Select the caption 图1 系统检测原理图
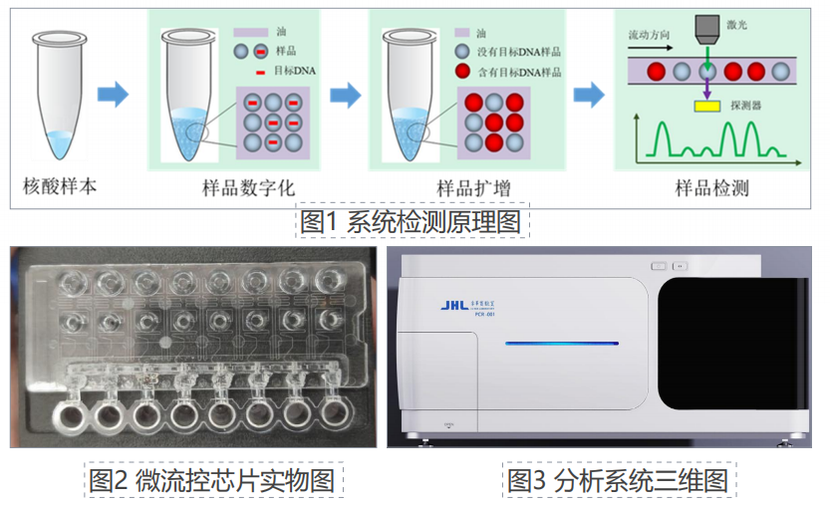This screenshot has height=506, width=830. click(x=414, y=221)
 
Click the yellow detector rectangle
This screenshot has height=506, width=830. click(x=708, y=105)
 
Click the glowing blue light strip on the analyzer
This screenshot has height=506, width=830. click(x=561, y=344)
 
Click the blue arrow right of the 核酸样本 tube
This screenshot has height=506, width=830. click(x=114, y=96)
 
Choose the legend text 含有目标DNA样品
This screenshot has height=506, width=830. click(x=518, y=72)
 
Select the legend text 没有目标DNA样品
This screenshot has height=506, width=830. click(x=518, y=52)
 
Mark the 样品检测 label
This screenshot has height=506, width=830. click(x=711, y=187)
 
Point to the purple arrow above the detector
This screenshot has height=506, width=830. click(x=708, y=89)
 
